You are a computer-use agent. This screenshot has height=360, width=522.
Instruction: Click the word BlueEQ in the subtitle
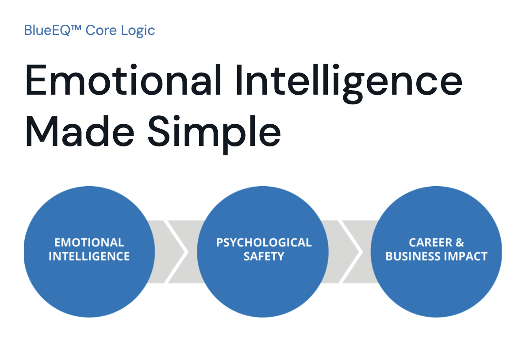pyautogui.click(x=47, y=30)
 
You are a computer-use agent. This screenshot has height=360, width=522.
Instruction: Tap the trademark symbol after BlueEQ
pyautogui.click(x=76, y=27)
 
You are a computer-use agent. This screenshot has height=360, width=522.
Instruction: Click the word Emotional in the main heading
pyautogui.click(x=123, y=80)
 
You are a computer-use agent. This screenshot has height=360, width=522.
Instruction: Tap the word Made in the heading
pyautogui.click(x=80, y=131)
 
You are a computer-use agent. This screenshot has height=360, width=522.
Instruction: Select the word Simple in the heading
pyautogui.click(x=215, y=134)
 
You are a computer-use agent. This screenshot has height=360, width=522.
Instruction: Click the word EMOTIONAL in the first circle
pyautogui.click(x=89, y=242)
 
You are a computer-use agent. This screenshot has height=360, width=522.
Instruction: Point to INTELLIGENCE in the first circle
pyautogui.click(x=89, y=257)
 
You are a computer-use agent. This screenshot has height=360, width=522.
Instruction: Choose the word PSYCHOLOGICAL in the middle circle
pyautogui.click(x=264, y=242)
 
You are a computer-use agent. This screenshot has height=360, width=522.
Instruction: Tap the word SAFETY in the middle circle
pyautogui.click(x=264, y=257)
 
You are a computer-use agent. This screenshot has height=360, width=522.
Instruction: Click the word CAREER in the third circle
pyautogui.click(x=431, y=242)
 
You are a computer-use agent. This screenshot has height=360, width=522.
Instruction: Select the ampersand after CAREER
pyautogui.click(x=460, y=242)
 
